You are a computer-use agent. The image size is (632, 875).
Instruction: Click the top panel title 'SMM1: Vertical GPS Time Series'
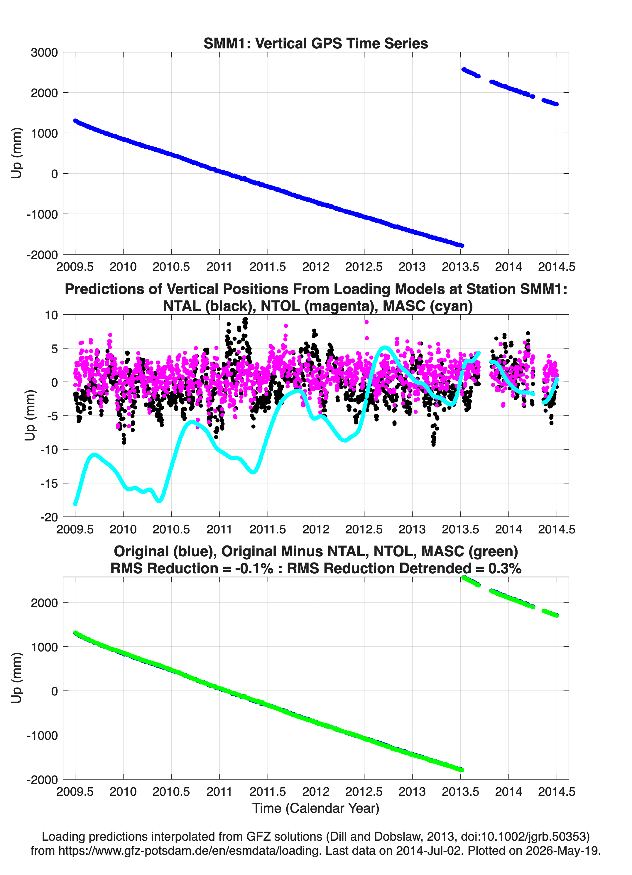point(316,43)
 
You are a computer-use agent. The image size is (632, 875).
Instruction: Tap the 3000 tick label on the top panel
point(44,53)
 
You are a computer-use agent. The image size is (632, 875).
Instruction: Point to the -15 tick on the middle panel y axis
point(49,483)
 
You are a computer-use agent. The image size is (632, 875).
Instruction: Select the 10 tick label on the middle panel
point(52,315)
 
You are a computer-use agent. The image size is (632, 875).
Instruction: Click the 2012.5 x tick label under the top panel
point(364,267)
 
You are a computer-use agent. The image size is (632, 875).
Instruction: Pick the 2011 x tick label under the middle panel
point(219,529)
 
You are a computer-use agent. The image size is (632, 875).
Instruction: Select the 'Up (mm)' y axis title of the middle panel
point(30,415)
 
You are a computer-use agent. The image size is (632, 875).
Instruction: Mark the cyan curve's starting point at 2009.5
point(75,504)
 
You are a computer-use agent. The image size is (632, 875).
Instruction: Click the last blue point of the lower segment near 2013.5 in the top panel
point(462,245)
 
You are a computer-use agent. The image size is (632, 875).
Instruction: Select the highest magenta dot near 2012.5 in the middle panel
point(366,322)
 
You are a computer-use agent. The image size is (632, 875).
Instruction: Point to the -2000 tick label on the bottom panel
point(43,780)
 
